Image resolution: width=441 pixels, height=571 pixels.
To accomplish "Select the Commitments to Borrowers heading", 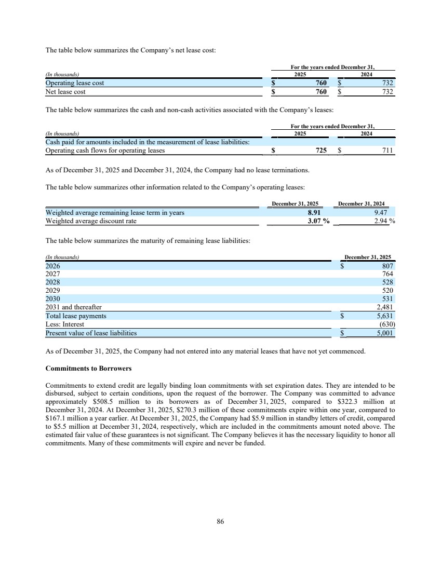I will [88, 369].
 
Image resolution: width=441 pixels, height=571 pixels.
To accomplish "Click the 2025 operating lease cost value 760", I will [321, 83].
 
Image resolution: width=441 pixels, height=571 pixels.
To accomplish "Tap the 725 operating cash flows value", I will [321, 151].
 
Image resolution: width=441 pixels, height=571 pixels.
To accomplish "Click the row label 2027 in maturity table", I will [52, 274].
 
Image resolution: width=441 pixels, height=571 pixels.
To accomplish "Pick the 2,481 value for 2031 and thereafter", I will [385, 307].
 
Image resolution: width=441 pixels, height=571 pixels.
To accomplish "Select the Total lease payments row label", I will [76, 316].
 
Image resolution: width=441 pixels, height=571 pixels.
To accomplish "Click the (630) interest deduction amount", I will [386, 324].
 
